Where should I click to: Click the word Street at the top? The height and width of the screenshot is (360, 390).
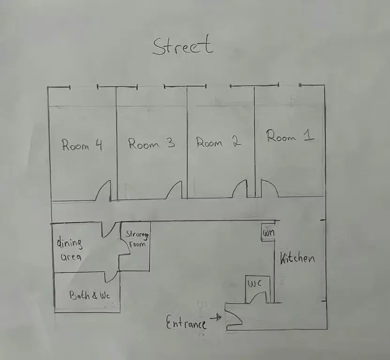[x=183, y=46]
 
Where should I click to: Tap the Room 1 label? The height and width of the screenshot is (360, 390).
[x=290, y=136]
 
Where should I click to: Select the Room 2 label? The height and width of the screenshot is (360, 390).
[x=218, y=142]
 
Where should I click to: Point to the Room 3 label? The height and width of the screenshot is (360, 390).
[x=151, y=143]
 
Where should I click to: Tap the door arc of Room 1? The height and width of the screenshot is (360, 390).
[x=269, y=188]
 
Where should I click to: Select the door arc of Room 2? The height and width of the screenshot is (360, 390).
[x=240, y=189]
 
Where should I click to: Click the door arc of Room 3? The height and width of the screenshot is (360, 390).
[x=175, y=190]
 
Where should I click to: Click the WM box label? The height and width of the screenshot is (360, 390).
[x=268, y=233]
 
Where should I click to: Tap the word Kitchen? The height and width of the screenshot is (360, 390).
[x=298, y=258]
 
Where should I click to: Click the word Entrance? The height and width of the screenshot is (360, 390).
[x=186, y=322]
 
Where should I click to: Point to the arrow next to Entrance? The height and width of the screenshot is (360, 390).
[x=215, y=318]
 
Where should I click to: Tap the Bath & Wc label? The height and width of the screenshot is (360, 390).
[x=89, y=295]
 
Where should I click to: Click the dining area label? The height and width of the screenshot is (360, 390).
[x=69, y=249]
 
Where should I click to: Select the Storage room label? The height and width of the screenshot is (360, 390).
[x=136, y=239]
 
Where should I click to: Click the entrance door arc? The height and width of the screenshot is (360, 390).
[x=234, y=317]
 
